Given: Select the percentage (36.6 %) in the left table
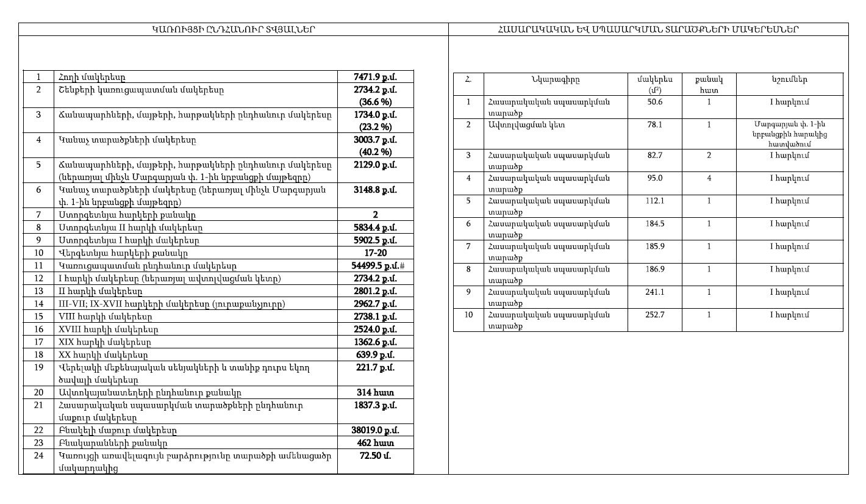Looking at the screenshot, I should [375, 102].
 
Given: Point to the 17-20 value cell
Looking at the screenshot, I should [375, 253].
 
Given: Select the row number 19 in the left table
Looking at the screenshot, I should [38, 367].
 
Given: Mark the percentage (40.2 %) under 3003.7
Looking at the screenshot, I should [375, 152].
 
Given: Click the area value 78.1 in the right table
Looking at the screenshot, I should [656, 124].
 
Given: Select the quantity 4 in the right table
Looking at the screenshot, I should [709, 178].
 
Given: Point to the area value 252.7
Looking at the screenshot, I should [656, 315].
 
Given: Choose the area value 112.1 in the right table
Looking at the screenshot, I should [656, 201].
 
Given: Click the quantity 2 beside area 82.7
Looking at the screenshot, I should [709, 156].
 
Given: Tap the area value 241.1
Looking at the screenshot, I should [656, 292].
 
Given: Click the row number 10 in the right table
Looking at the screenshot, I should [468, 315].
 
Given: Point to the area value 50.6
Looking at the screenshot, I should [656, 102].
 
